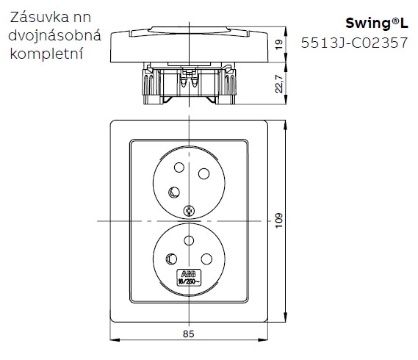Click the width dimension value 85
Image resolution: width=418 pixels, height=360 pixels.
[x=188, y=334]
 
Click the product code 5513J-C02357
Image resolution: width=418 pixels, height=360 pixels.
[x=355, y=43]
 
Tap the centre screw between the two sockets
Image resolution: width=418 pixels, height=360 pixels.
[x=189, y=212]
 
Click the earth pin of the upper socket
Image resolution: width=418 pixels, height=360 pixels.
[x=173, y=192]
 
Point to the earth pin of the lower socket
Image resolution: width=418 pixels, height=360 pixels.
[x=173, y=258]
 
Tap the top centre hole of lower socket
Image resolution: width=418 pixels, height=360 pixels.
[x=189, y=240]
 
